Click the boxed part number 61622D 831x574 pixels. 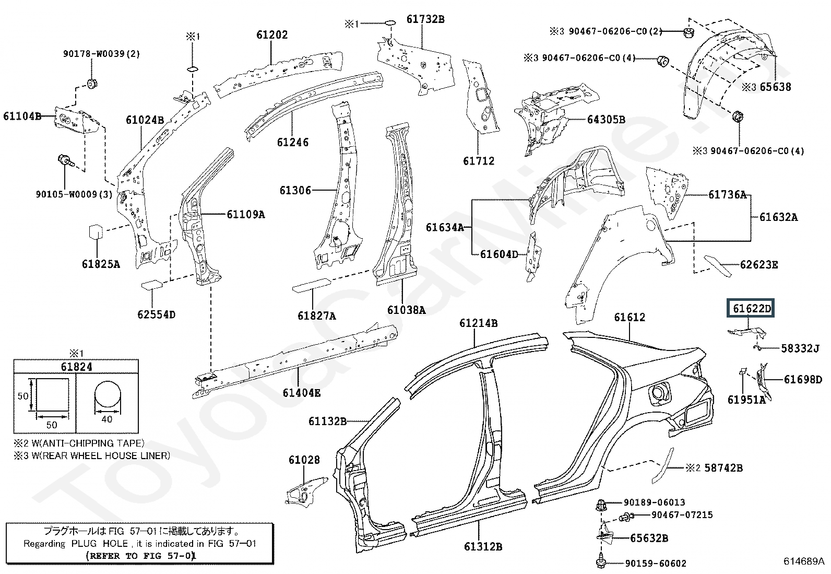750,308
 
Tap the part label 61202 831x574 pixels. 272,35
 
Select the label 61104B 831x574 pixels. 22,116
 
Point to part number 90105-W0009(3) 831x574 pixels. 74,194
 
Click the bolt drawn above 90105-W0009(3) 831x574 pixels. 66,162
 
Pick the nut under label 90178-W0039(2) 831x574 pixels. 91,84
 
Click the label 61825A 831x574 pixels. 101,264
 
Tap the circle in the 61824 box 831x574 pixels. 108,395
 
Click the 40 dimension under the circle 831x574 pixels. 107,419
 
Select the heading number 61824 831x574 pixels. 76,367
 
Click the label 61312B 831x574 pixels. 483,546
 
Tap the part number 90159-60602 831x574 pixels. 656,563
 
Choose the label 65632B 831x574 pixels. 649,538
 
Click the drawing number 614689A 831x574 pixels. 803,561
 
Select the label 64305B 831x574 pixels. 606,120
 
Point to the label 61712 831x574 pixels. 479,161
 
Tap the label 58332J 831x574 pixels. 800,348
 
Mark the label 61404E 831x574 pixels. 301,392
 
